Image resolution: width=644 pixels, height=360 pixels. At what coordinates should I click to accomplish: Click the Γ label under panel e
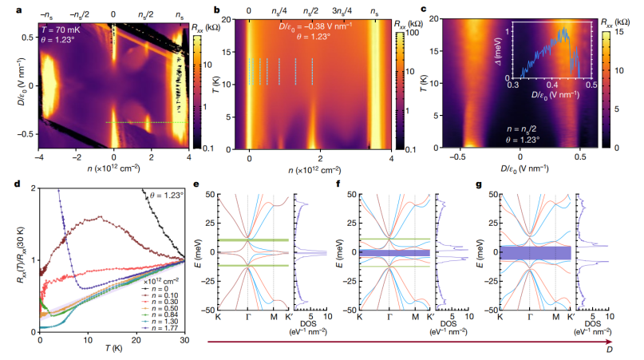pos(247,318)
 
